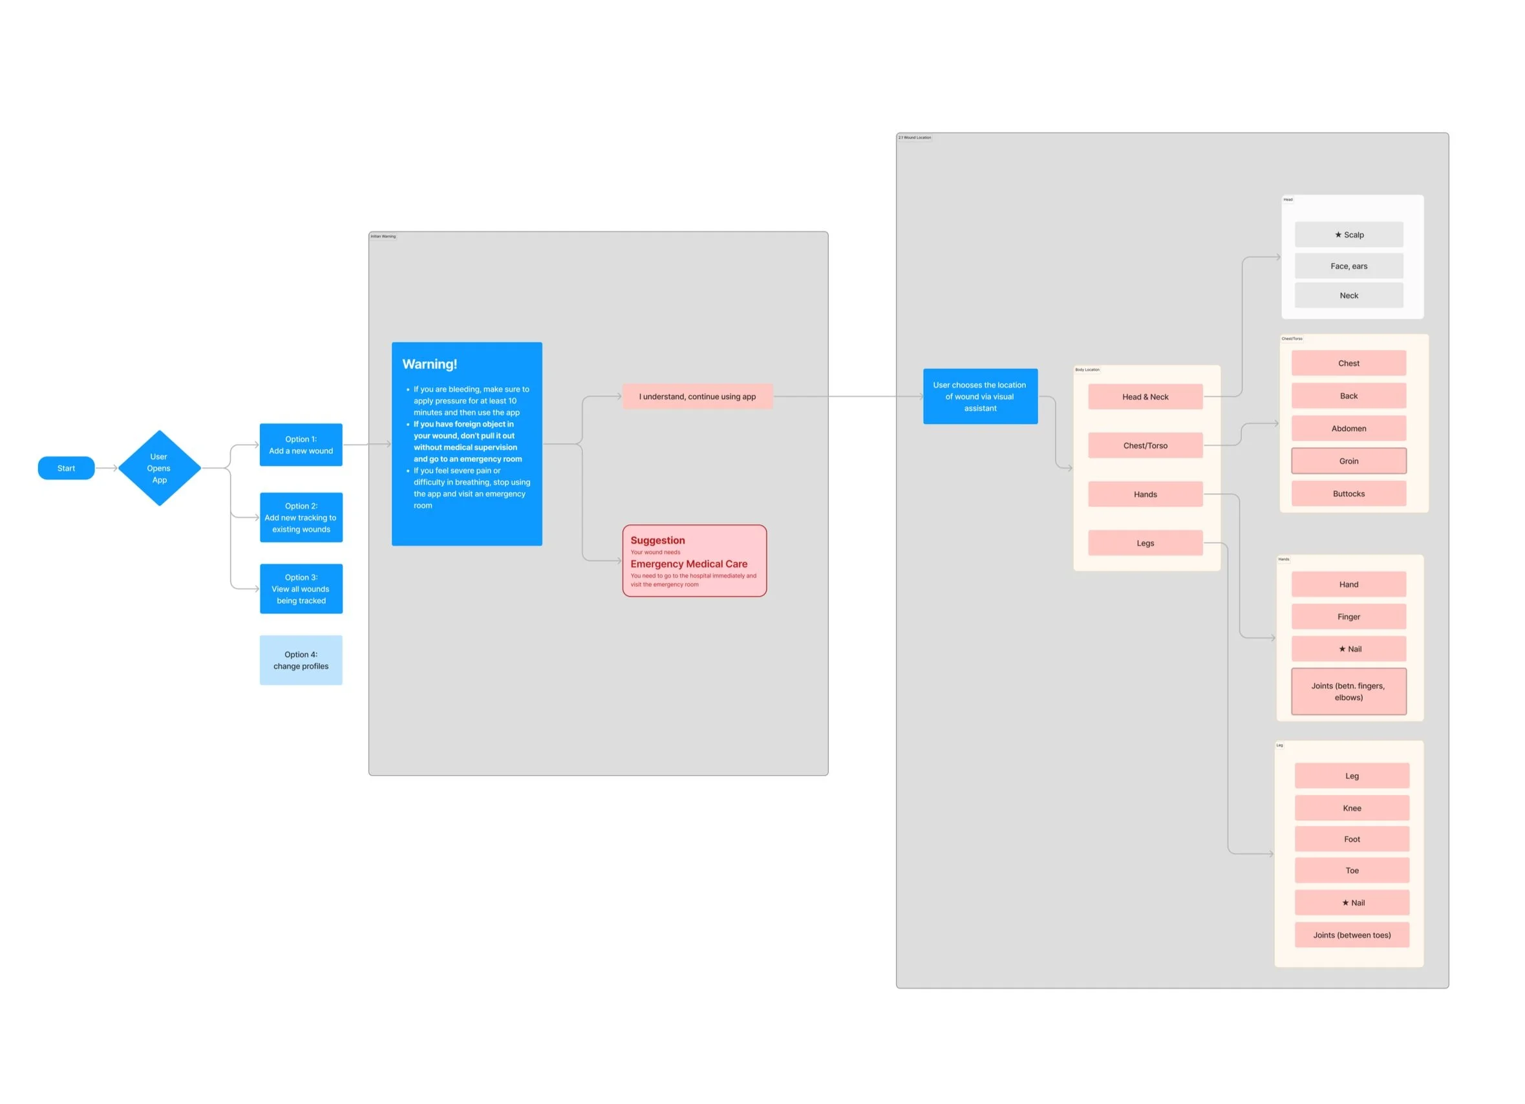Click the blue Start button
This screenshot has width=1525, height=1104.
coord(66,468)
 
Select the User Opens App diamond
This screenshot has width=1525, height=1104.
coord(160,468)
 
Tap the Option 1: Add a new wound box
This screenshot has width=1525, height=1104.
coord(301,445)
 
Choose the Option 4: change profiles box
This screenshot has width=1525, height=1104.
coord(301,659)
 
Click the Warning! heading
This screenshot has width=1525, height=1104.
coord(430,364)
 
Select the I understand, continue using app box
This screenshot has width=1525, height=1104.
coord(698,397)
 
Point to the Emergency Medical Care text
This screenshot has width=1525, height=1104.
coord(688,564)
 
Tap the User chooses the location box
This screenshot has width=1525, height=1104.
coord(979,396)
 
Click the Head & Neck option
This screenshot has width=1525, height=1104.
coord(1145,397)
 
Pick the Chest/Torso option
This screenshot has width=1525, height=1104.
coord(1145,445)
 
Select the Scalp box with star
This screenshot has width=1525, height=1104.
coord(1348,235)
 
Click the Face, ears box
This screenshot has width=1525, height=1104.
coord(1348,266)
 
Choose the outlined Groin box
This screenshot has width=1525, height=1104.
coord(1348,461)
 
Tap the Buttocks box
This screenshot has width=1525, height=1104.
coord(1348,494)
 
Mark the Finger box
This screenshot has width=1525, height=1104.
coord(1348,617)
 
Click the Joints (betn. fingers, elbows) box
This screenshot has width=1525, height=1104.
coord(1348,691)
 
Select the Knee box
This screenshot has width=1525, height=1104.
coord(1352,808)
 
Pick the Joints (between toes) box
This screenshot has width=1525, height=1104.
coord(1352,935)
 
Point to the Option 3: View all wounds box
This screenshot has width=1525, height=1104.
coord(301,588)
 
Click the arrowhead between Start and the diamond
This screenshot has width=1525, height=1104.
coord(115,468)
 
